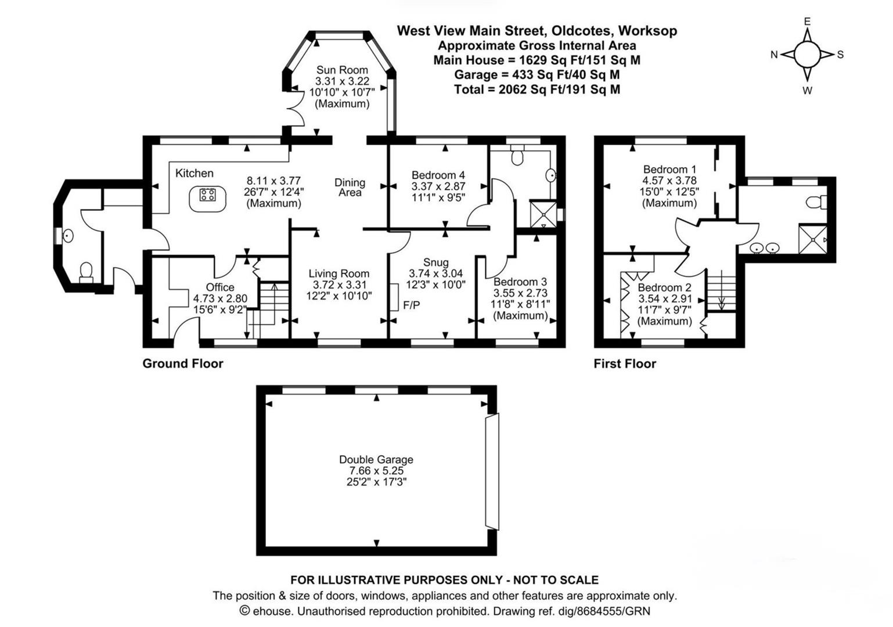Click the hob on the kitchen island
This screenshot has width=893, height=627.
(x=207, y=195)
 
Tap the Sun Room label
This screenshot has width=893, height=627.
(x=342, y=70)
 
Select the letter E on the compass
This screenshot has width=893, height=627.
(x=807, y=21)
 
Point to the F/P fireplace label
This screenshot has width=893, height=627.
(x=412, y=305)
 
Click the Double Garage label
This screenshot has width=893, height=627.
(x=376, y=460)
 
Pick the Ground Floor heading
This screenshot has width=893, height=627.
(x=183, y=363)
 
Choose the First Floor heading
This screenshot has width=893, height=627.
(x=625, y=363)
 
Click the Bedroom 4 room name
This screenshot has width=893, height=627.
(x=438, y=175)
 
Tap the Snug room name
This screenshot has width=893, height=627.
(x=435, y=262)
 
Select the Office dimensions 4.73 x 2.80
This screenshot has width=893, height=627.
(x=220, y=298)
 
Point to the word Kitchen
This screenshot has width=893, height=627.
(x=194, y=174)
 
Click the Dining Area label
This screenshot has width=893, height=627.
(x=350, y=188)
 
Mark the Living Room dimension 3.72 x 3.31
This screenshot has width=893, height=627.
(x=339, y=284)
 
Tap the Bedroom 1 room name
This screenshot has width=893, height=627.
(x=669, y=169)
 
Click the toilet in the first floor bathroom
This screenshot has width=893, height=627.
(x=816, y=202)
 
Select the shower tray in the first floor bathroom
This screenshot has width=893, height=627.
(x=813, y=239)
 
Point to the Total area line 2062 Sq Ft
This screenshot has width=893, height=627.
(x=537, y=89)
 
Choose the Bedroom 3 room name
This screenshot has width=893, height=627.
(x=520, y=282)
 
